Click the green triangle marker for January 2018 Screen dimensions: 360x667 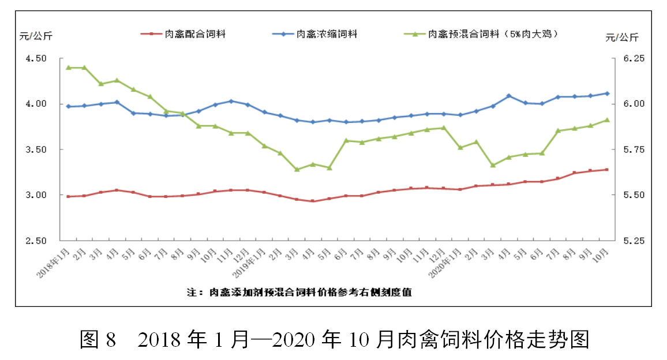[x=68, y=67]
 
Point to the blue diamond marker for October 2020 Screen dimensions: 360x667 [x=606, y=93]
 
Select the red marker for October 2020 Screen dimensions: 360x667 [x=606, y=170]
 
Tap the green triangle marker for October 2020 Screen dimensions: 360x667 [x=606, y=120]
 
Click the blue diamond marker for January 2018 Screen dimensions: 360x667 [x=68, y=107]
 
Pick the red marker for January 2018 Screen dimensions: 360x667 [x=68, y=197]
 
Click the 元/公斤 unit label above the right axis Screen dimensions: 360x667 [x=622, y=38]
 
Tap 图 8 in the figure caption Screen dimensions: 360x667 [x=98, y=339]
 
